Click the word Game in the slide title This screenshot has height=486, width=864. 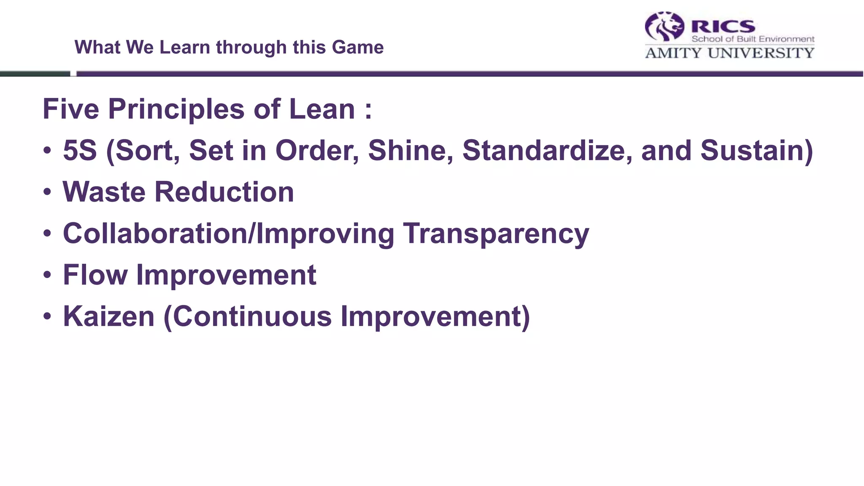coord(358,47)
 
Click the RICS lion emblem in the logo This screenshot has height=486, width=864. coord(664,27)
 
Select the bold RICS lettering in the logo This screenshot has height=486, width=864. coord(723,27)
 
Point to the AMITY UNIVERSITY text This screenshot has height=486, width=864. coord(729,53)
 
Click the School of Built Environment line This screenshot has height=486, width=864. coord(753,39)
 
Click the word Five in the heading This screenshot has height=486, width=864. coord(71,109)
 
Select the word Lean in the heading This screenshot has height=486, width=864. coord(322,109)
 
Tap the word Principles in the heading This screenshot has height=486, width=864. coord(176,109)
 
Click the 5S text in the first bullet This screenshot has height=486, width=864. coord(80,151)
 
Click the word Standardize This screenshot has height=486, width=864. coord(547,151)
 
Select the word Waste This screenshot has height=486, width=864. coord(104,192)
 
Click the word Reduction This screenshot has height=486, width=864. coord(224,192)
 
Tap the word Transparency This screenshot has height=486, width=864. coord(496,234)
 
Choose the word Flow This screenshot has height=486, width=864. coord(95,275)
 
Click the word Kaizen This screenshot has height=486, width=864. coord(109,316)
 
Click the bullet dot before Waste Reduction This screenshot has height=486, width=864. coord(47,192)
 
